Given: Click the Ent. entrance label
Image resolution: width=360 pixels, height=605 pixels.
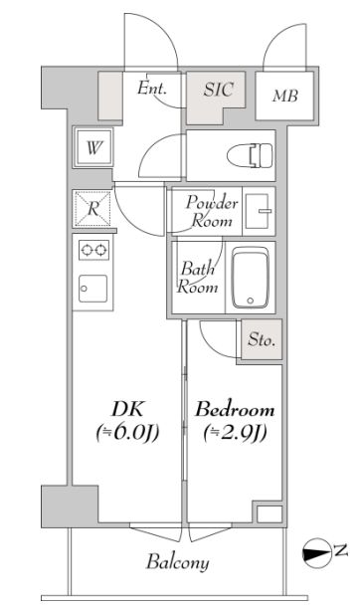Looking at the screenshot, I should pyautogui.click(x=151, y=90).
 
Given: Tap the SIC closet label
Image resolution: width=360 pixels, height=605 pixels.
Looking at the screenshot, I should pyautogui.click(x=219, y=90).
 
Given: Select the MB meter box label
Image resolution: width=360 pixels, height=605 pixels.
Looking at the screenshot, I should pyautogui.click(x=284, y=96).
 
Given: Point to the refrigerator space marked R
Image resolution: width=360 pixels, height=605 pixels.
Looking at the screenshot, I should pyautogui.click(x=92, y=209).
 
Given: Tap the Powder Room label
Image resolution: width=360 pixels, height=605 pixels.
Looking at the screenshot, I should pyautogui.click(x=212, y=212).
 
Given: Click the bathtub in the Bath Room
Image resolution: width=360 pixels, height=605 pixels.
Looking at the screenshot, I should pyautogui.click(x=257, y=279).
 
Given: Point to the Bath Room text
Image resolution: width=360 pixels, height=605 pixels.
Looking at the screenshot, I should pyautogui.click(x=198, y=278).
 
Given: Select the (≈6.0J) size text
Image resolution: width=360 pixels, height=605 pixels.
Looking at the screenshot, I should pyautogui.click(x=127, y=433).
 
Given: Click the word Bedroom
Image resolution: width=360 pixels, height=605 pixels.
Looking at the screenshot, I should pyautogui.click(x=234, y=409).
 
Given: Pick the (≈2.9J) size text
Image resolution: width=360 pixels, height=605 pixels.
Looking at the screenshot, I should pyautogui.click(x=234, y=433).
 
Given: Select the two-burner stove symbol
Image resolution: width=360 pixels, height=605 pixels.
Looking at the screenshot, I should pyautogui.click(x=92, y=250).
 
